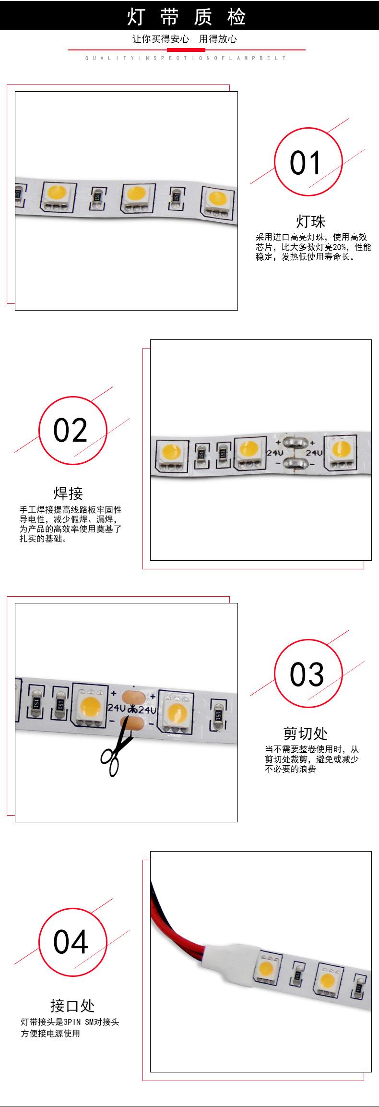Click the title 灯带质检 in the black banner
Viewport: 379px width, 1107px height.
(x=187, y=18)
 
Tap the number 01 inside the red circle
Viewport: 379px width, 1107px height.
(x=305, y=163)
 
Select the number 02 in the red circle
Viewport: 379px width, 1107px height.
(x=71, y=430)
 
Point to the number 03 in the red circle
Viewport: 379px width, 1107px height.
(x=307, y=674)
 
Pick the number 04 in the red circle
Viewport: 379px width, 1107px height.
(x=71, y=942)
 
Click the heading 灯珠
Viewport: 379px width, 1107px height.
(x=310, y=221)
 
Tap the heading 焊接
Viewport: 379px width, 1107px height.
(x=68, y=493)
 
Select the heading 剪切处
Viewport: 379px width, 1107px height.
(x=306, y=734)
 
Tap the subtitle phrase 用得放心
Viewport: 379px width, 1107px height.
(x=218, y=39)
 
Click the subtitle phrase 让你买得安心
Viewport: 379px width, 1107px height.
(x=161, y=39)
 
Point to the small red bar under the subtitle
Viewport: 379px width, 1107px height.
(x=186, y=50)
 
